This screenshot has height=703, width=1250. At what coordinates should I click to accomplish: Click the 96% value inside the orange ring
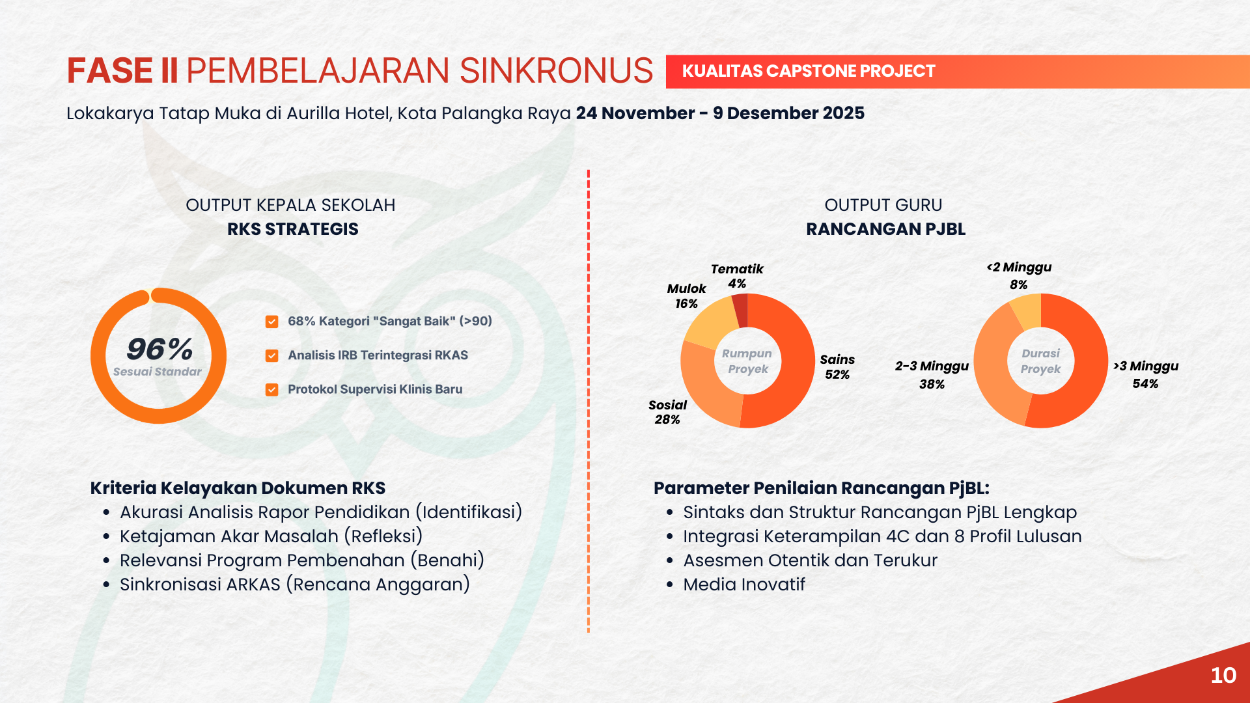[x=160, y=349]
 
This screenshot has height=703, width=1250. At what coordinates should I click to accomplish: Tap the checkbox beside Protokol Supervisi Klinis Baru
[x=272, y=390]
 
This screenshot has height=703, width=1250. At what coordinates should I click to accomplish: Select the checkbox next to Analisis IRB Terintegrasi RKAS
[x=272, y=355]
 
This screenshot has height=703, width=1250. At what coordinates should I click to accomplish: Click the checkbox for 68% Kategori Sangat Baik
[x=272, y=322]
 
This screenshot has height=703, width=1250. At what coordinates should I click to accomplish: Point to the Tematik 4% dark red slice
[x=741, y=310]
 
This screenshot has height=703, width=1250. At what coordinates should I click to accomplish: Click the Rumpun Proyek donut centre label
[x=747, y=361]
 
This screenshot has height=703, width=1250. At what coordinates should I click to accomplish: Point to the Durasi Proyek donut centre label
[x=1040, y=361]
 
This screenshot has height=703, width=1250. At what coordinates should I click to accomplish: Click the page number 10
[x=1223, y=676]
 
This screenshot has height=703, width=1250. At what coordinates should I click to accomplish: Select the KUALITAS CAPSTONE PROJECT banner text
[x=809, y=71]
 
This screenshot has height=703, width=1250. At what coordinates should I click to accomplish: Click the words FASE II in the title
[x=122, y=71]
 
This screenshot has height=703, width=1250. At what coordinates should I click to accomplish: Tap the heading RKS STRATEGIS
[x=293, y=229]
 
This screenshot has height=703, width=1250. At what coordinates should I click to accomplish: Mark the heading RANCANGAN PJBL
[x=885, y=229]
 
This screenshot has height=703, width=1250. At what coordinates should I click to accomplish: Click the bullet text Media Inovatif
[x=744, y=585]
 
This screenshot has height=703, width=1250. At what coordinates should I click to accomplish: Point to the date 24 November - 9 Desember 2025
[x=720, y=113]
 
